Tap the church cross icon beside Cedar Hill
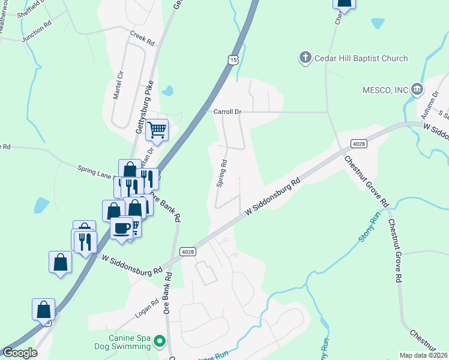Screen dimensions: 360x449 click(305, 58)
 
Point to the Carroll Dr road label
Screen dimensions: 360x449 click(227, 112)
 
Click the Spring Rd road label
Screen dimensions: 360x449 click(222, 173)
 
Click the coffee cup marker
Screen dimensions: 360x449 click(122, 229)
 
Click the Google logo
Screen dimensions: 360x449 click(20, 353)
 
